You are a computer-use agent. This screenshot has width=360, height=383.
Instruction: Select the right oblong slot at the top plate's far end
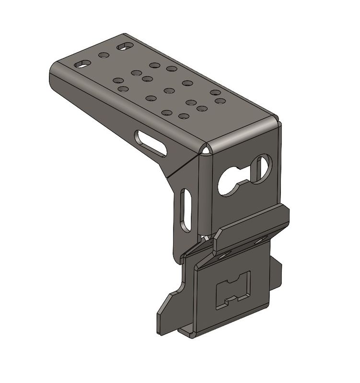pos(125,46)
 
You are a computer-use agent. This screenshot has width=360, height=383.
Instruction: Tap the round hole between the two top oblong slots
pos(103,55)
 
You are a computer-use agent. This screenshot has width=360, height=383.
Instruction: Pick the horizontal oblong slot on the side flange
pos(151,143)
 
